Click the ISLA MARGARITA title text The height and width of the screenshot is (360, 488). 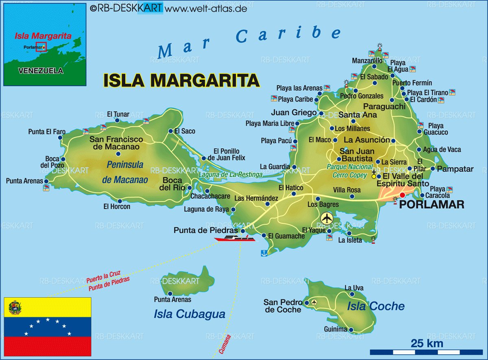181,80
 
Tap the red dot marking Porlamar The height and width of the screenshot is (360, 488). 402,195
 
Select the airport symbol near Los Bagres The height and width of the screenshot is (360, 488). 327,218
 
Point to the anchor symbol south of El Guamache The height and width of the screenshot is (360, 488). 264,253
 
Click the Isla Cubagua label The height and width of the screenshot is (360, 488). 189,314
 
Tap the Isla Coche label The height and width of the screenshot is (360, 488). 375,306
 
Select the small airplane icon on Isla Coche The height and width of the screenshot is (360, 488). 314,302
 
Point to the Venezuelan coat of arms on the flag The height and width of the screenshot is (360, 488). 15,308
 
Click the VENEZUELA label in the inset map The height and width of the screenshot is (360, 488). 41,71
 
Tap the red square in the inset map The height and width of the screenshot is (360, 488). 41,47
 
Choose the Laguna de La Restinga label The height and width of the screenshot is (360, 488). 231,175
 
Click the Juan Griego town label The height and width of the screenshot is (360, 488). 294,113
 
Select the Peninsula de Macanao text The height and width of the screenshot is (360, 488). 125,172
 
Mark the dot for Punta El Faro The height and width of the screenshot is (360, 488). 60,138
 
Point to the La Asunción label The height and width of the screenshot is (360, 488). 367,140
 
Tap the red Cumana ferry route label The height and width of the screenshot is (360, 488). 225,345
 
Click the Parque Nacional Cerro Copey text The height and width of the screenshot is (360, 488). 349,171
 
